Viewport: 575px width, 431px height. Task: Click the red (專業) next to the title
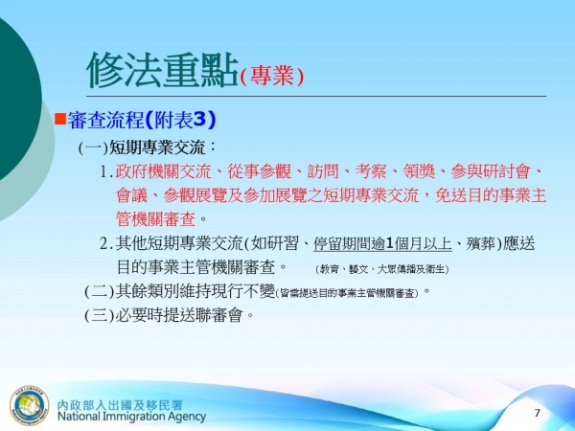[x=271, y=77]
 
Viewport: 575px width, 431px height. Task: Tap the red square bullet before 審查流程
[x=58, y=119]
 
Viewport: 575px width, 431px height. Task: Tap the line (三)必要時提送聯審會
[x=168, y=315]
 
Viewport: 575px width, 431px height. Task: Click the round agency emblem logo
[x=28, y=403]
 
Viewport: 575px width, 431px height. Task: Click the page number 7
[x=537, y=412]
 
